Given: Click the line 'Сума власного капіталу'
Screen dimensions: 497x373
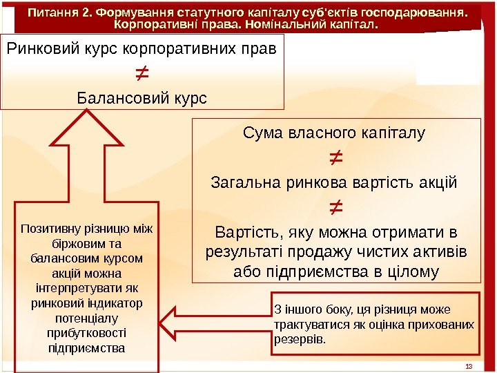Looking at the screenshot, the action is coord(334,132).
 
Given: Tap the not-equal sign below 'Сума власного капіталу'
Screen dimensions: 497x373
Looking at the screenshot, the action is coord(334,160).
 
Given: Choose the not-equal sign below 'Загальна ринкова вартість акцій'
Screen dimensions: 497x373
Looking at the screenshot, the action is coord(334,206).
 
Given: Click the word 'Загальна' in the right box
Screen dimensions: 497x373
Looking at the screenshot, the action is coord(241,183).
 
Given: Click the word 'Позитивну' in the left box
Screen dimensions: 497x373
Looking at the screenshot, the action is coord(49,229).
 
